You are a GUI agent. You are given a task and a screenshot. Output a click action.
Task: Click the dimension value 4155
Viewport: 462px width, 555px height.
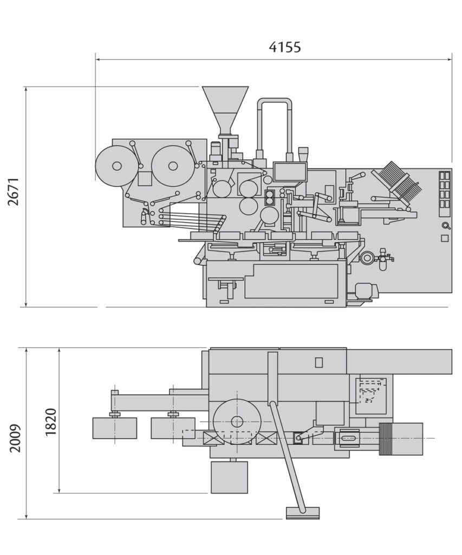285,47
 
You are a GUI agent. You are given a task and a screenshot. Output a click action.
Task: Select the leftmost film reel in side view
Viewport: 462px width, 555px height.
116,166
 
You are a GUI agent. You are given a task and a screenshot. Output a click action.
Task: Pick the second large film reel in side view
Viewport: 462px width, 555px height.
172,166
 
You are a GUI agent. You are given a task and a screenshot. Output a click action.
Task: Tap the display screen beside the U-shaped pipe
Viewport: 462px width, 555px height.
290,171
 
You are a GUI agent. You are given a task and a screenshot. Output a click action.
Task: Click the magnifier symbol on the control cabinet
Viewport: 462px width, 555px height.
445,226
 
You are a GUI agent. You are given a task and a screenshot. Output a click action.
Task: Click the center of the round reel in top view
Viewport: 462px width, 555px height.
237,421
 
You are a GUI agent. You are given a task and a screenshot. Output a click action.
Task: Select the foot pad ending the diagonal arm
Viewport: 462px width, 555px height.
303,512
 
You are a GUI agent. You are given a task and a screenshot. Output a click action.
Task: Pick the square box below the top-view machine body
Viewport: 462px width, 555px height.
229,477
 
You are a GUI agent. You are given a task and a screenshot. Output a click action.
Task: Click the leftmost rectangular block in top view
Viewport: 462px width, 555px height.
114,428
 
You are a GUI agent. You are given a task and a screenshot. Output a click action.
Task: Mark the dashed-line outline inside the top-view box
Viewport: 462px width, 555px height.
370,391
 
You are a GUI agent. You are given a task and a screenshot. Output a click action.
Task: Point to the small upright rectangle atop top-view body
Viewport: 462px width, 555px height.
319,362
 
